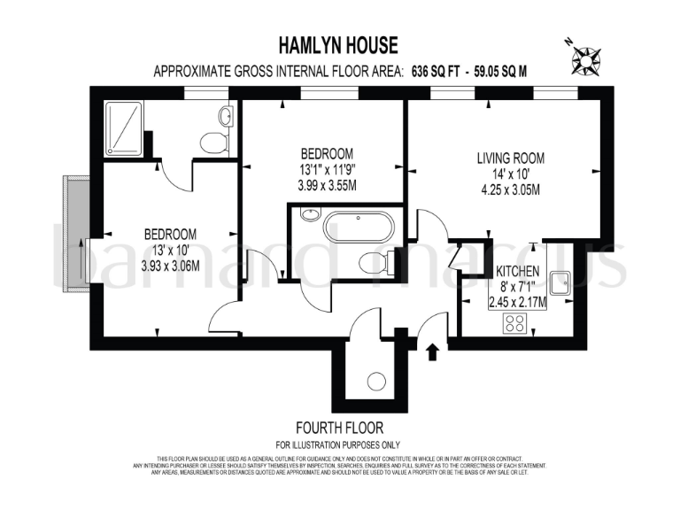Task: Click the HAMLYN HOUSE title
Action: click(x=340, y=45)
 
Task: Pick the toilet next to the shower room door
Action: click(x=213, y=143)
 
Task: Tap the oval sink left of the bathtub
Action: click(x=309, y=214)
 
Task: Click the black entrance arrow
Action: click(x=433, y=352)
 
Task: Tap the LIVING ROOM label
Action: click(x=510, y=158)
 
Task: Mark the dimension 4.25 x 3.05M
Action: click(x=510, y=189)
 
